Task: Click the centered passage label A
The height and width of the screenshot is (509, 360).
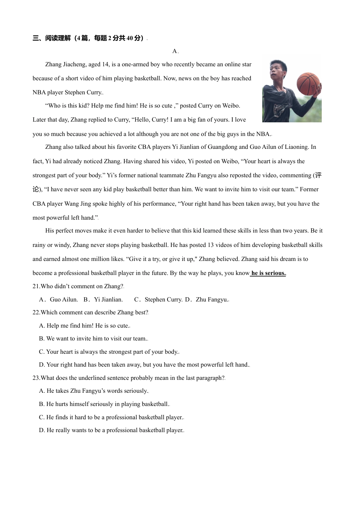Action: (175, 51)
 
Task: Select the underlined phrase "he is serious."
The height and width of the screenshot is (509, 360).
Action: (268, 273)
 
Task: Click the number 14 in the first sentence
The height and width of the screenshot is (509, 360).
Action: (105, 64)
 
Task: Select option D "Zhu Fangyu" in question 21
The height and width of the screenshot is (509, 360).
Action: (211, 300)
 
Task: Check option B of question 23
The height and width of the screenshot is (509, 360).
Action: (104, 404)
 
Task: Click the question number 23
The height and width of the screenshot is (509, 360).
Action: (36, 378)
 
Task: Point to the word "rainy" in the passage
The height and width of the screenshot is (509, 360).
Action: (39, 245)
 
